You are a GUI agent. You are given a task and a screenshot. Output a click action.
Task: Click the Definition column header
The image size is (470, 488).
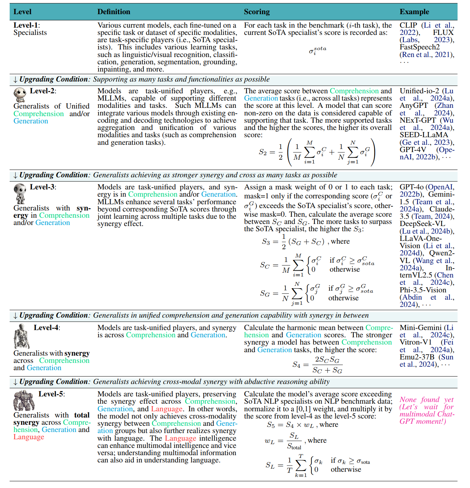pyautogui.click(x=114, y=12)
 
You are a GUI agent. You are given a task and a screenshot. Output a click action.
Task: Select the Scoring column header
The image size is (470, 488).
pyautogui.click(x=256, y=12)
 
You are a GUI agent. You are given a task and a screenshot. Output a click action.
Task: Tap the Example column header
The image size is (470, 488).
pyautogui.click(x=414, y=12)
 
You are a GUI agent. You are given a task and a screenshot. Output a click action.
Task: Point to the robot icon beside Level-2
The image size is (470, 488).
pyautogui.click(x=20, y=94)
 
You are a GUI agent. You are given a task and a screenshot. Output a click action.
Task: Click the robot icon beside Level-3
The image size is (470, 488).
pyautogui.click(x=20, y=194)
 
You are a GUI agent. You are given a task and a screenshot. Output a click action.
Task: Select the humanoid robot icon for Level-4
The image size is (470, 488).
pyautogui.click(x=21, y=336)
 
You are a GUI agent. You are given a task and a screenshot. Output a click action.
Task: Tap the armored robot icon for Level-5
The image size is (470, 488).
pyautogui.click(x=24, y=400)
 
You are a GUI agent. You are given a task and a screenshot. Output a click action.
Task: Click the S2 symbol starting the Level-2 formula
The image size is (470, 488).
pyautogui.click(x=263, y=152)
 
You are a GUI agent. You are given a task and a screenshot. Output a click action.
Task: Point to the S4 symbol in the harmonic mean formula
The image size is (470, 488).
pyautogui.click(x=296, y=365)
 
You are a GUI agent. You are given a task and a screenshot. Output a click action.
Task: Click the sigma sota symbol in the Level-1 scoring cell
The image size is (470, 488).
pyautogui.click(x=317, y=50)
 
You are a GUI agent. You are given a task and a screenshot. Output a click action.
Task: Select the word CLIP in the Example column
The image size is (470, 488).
pyautogui.click(x=408, y=25)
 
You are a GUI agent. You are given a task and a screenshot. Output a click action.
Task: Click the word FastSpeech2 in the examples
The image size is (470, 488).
pyautogui.click(x=420, y=47)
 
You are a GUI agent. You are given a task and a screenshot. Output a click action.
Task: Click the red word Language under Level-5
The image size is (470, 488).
pyautogui.click(x=29, y=437)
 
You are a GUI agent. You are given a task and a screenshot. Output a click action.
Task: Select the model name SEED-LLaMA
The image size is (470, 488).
pyautogui.click(x=424, y=135)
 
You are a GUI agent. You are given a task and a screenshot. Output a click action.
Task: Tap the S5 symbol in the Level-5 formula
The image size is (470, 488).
pyautogui.click(x=271, y=425)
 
